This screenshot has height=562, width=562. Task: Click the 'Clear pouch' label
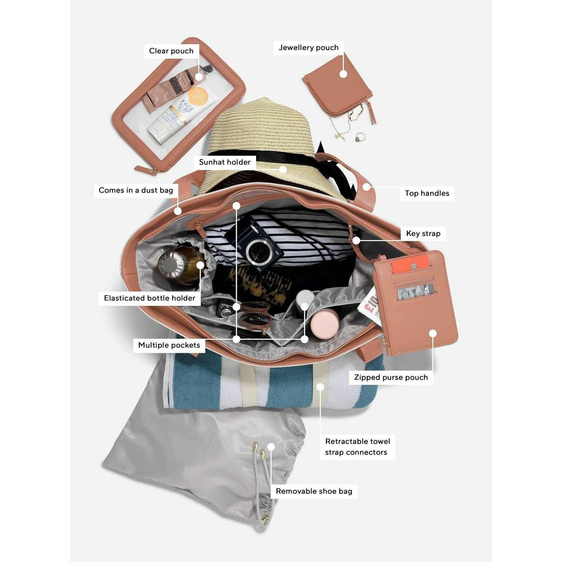click(x=171, y=51)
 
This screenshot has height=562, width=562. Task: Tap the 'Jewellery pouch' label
click(x=309, y=48)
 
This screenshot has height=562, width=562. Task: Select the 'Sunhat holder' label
click(x=225, y=162)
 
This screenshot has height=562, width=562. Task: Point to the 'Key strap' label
click(x=423, y=234)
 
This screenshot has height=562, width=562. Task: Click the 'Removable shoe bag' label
click(x=314, y=491)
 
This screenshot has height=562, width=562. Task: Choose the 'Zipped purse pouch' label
click(x=391, y=377)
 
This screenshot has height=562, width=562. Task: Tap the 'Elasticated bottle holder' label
click(x=149, y=298)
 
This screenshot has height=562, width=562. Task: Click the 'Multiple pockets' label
click(x=169, y=345)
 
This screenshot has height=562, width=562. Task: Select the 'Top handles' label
click(x=427, y=193)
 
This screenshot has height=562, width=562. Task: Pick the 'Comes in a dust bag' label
click(x=136, y=190)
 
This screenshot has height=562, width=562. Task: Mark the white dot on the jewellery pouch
click(x=343, y=74)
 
